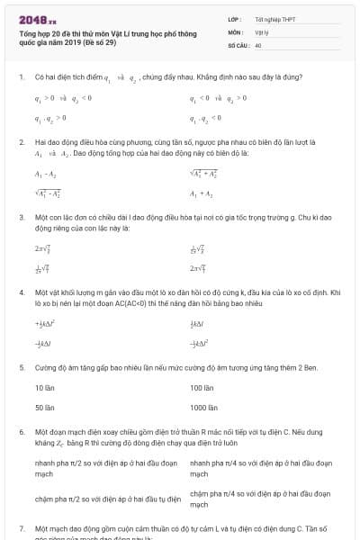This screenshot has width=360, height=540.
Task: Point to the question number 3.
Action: pyautogui.click(x=21, y=217)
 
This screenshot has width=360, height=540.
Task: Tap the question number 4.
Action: pyautogui.click(x=21, y=292)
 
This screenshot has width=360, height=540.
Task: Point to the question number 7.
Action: pyautogui.click(x=21, y=528)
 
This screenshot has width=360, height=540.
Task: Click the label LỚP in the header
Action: pyautogui.click(x=234, y=18)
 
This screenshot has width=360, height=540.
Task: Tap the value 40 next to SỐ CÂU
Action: pyautogui.click(x=258, y=44)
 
